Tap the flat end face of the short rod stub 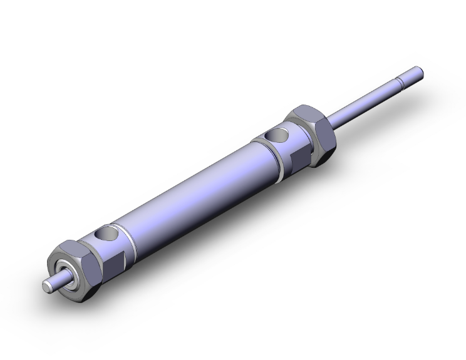(x=46, y=285)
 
